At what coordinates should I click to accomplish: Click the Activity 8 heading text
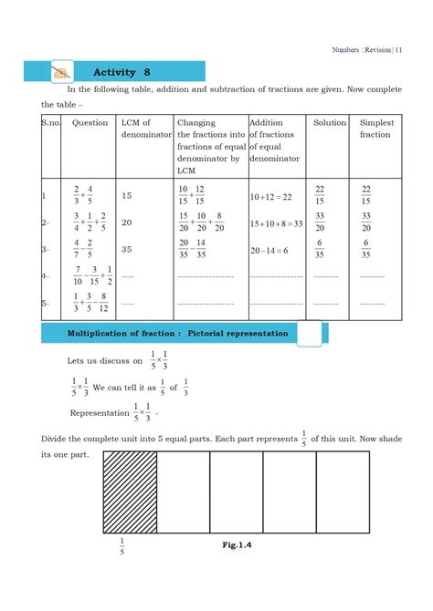click(121, 72)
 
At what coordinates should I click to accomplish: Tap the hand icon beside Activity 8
click(62, 72)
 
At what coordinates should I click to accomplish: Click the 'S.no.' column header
click(53, 122)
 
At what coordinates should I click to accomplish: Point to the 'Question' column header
click(90, 122)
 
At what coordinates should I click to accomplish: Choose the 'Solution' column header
click(330, 122)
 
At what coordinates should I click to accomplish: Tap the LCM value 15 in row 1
click(129, 195)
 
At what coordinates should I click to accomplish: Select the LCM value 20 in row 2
click(129, 222)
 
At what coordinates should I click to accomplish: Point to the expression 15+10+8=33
click(276, 223)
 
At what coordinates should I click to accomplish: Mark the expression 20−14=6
click(269, 249)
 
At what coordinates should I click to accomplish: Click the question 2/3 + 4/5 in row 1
click(83, 195)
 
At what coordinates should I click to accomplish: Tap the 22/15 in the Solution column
click(320, 195)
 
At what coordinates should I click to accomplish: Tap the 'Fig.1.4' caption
click(236, 544)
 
